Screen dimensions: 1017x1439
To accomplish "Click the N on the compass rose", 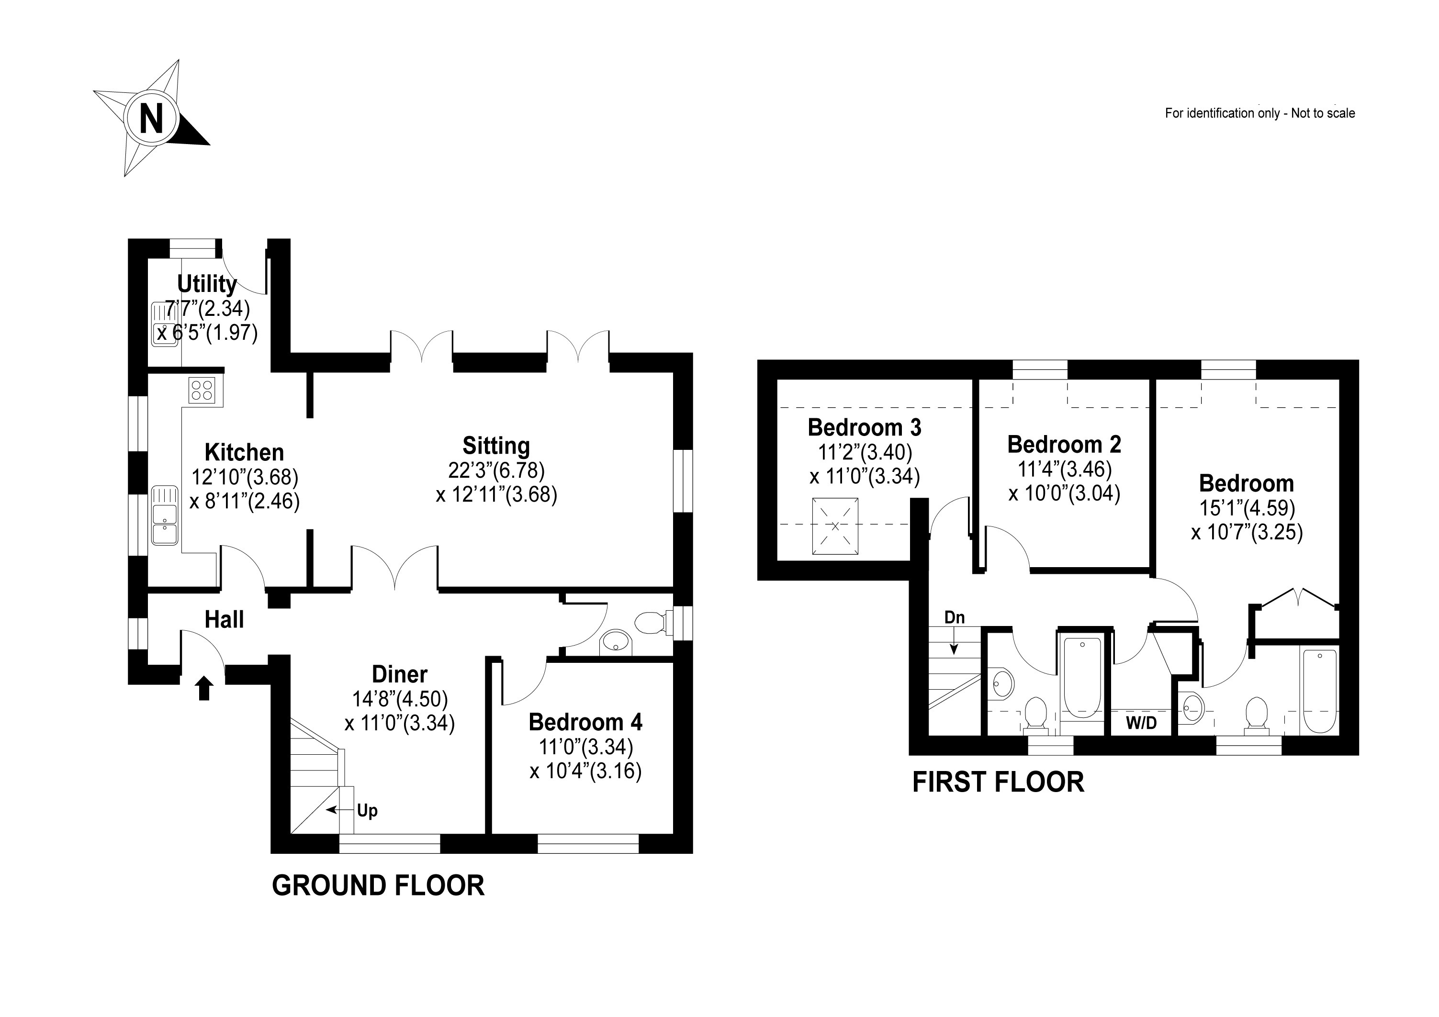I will (x=151, y=118).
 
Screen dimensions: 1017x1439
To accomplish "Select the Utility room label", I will (x=207, y=284).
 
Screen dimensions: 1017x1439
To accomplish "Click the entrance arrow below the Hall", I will (x=204, y=689).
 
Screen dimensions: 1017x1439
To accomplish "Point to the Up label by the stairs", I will (x=367, y=810).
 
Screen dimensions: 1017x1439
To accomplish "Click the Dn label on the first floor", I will (x=954, y=617).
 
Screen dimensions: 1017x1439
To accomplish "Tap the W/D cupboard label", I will (x=1141, y=723).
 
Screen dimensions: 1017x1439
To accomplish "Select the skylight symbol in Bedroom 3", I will (x=835, y=526).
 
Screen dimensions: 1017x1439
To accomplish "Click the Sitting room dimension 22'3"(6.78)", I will (x=496, y=470).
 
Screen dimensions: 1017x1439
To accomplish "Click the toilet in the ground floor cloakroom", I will (x=651, y=623).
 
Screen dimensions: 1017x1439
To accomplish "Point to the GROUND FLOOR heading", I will (x=378, y=886).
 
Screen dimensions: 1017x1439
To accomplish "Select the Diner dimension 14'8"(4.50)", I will (x=400, y=699).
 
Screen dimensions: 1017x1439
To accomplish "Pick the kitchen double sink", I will (x=165, y=514).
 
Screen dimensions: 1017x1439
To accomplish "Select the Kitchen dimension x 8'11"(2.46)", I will (x=245, y=501).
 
